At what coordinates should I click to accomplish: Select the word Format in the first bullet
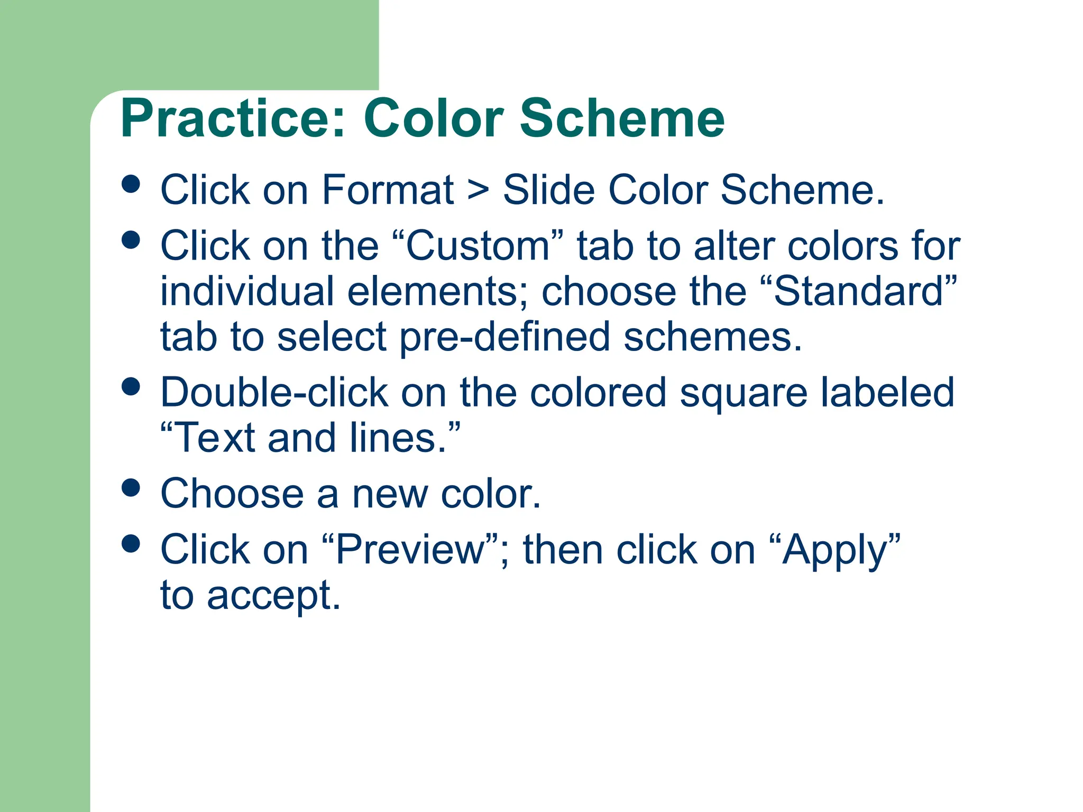(387, 190)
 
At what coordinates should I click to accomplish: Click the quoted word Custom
(478, 246)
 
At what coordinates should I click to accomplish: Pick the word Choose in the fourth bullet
(232, 494)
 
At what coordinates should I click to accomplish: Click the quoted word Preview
(410, 550)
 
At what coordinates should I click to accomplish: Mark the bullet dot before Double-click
(131, 386)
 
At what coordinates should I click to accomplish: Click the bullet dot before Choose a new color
(131, 487)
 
